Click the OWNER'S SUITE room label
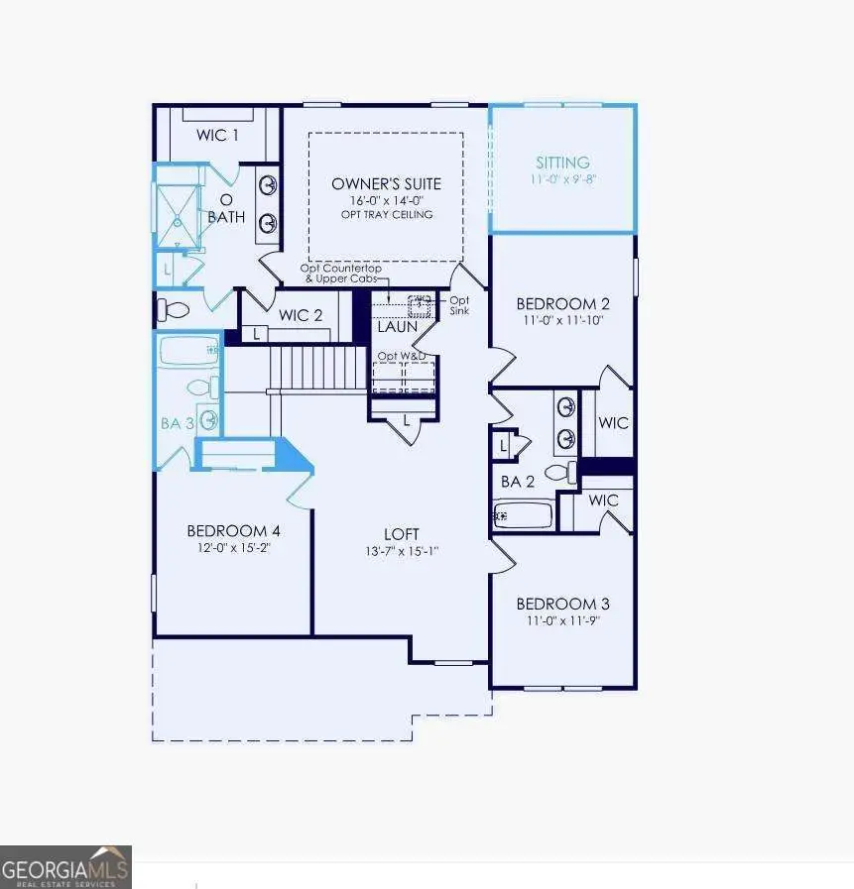[386, 184]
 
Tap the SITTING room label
[562, 163]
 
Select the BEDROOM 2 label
[562, 304]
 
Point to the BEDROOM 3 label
[562, 604]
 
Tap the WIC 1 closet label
[217, 135]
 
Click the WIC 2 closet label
[301, 315]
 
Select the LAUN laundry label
[397, 325]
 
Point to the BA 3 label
[177, 423]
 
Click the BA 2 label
[518, 483]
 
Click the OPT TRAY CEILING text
[386, 214]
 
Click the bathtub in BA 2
[523, 515]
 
